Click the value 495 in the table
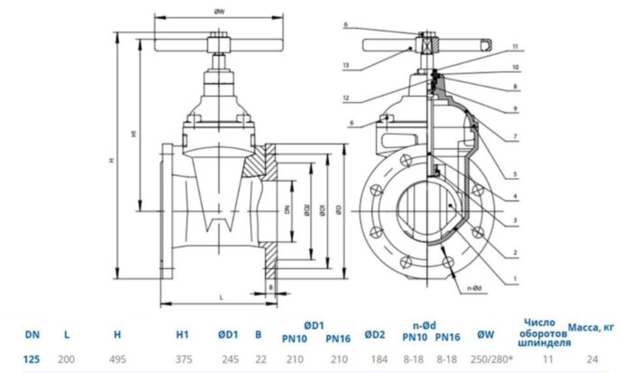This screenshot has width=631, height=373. click(x=116, y=359)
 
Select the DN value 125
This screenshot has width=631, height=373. click(x=32, y=359)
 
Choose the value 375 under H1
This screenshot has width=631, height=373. click(x=182, y=359)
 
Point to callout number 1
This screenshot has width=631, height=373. click(x=514, y=277)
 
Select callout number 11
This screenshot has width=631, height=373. click(x=515, y=46)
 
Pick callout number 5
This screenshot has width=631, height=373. click(x=515, y=173)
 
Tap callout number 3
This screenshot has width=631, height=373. click(x=515, y=219)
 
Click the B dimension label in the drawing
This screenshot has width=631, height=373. click(x=270, y=288)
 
